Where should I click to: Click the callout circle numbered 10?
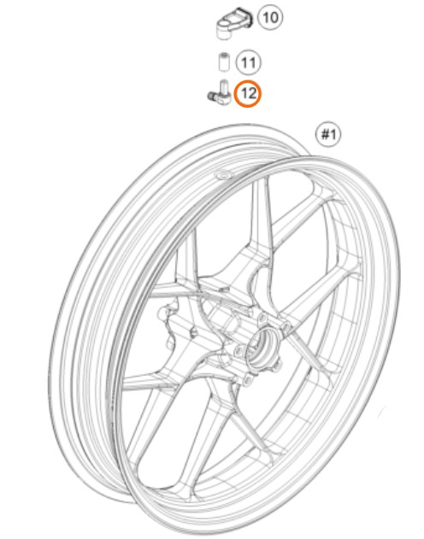[270, 17]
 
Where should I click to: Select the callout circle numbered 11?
[248, 63]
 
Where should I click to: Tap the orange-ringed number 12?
[248, 93]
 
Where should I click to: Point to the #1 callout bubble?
[328, 133]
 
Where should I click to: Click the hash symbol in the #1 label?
[324, 134]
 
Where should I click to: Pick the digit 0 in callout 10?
[274, 17]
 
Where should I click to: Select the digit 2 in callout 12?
[251, 93]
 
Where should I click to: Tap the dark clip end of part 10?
[250, 18]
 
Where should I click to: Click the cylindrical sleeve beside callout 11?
[224, 62]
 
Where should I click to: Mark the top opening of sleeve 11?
[224, 55]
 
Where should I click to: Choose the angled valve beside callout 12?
[218, 91]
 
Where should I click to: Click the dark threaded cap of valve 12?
[211, 96]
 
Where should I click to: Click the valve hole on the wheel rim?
[223, 175]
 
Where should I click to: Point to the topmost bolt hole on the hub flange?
[262, 317]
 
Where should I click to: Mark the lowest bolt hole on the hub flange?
[246, 379]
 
